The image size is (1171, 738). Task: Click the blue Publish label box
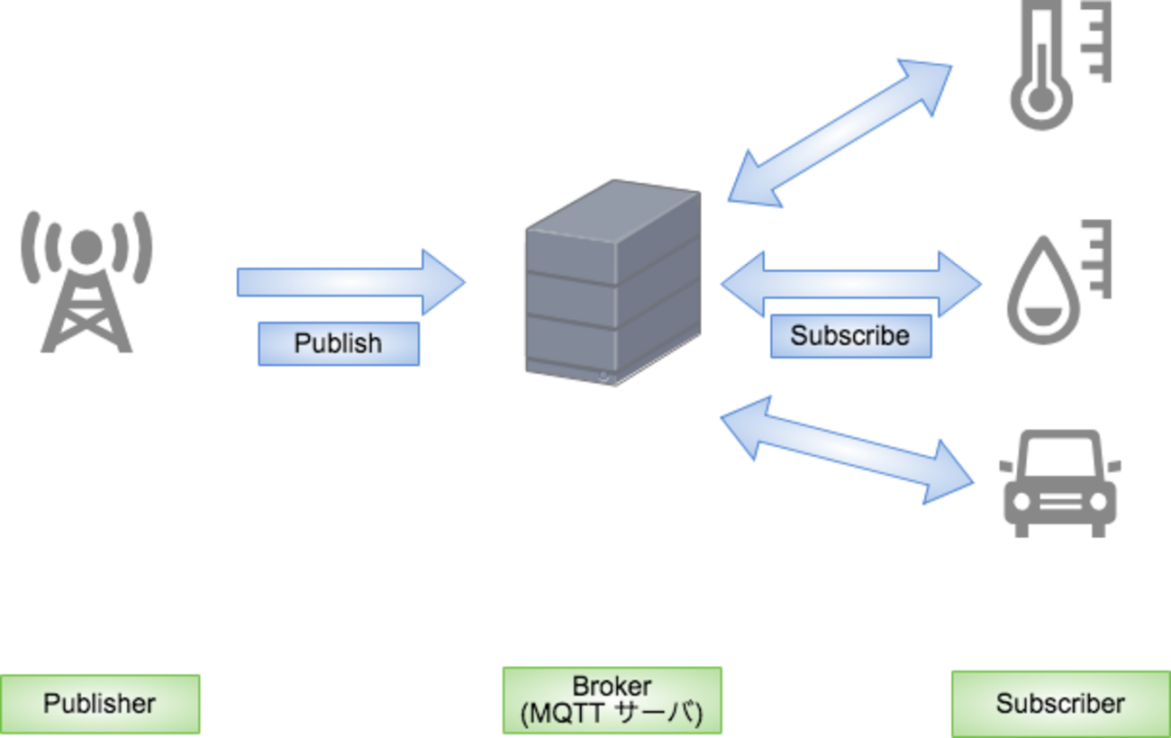(338, 343)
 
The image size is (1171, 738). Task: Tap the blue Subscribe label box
(849, 336)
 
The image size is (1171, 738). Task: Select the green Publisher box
(100, 704)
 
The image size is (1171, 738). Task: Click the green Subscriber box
(1059, 704)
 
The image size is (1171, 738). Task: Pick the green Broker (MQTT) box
(612, 701)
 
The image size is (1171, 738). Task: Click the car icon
(1059, 483)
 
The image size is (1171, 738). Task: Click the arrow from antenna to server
(351, 282)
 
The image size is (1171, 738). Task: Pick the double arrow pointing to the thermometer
(840, 132)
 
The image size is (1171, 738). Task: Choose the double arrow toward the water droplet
(850, 284)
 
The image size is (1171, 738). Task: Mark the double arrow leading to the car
(847, 448)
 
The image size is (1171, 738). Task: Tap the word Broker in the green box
(612, 687)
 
